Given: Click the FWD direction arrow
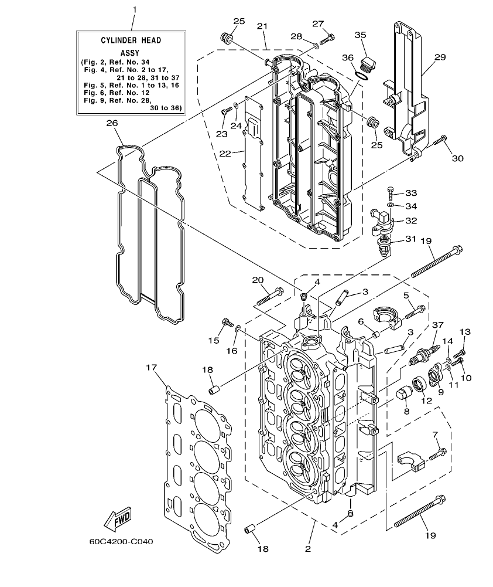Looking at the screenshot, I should tap(117, 518).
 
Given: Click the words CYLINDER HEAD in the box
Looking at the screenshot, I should tap(129, 40).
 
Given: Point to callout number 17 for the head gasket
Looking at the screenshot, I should tap(152, 368).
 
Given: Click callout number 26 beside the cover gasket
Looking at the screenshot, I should tap(112, 123).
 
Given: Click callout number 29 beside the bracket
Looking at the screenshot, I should tap(440, 57).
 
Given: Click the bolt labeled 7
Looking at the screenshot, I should tap(438, 453).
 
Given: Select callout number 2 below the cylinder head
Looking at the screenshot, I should tap(308, 549).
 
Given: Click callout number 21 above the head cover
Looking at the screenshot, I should tap(262, 26).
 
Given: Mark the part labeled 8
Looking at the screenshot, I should tap(402, 393).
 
